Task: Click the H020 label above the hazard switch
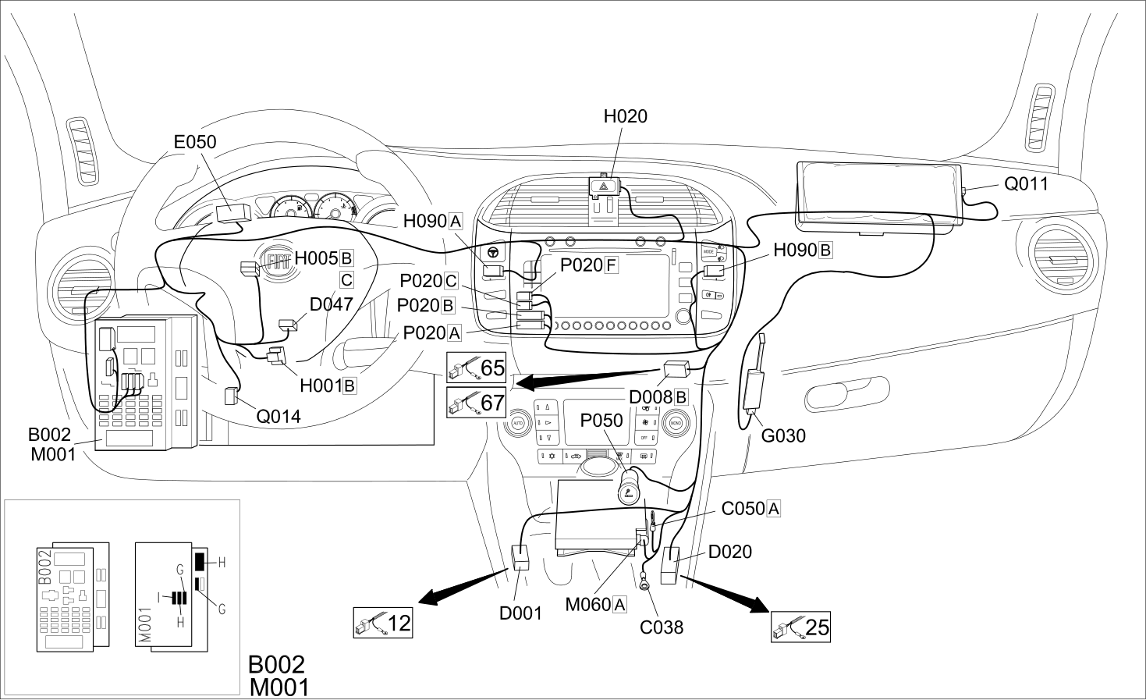pos(625,117)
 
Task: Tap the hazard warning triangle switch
pos(605,187)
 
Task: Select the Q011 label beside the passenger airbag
pos(1027,184)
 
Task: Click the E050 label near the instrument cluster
pos(195,142)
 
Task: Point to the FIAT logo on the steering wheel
pos(277,262)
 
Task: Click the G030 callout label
pos(783,436)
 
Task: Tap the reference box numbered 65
pos(477,368)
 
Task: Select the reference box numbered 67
pos(477,402)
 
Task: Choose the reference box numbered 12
pos(383,623)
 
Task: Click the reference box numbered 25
pos(800,627)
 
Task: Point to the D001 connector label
pos(520,613)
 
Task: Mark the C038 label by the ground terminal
pos(662,627)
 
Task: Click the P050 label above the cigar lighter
pos(601,421)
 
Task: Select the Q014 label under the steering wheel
pos(279,417)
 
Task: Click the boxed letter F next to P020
pos(611,265)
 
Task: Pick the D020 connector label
pos(730,552)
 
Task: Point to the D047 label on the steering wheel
pos(332,304)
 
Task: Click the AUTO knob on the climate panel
pos(518,424)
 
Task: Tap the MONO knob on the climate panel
pos(676,424)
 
